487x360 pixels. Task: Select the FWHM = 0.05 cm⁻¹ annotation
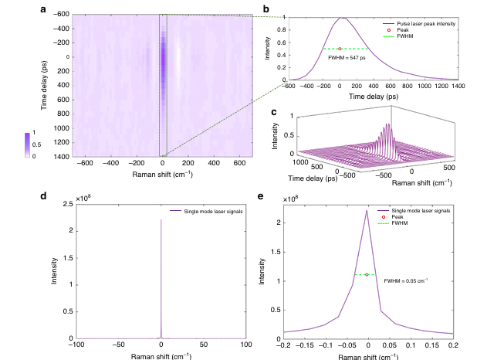point(406,280)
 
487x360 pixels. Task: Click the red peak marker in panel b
point(340,49)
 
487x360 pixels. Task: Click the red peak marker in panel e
point(366,274)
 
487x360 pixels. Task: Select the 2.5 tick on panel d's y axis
point(66,202)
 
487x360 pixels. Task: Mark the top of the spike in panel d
point(161,220)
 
